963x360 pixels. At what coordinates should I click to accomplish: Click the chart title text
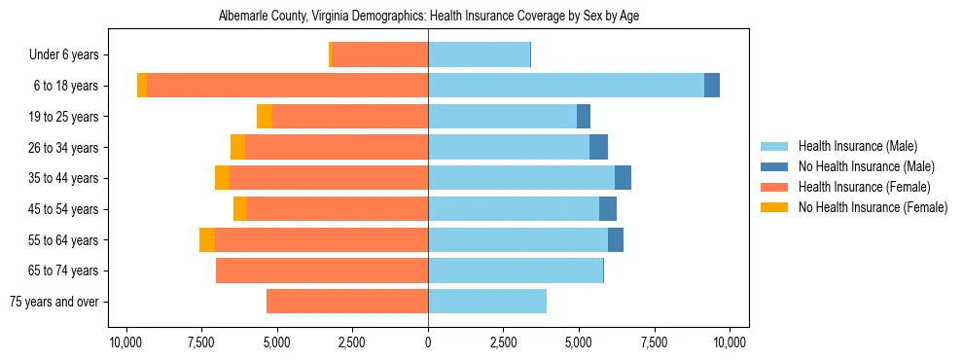click(x=429, y=17)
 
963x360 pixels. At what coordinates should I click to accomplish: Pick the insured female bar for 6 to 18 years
click(x=287, y=86)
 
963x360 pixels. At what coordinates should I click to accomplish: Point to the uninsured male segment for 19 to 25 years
click(x=584, y=117)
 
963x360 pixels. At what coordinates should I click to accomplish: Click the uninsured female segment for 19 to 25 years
click(x=265, y=117)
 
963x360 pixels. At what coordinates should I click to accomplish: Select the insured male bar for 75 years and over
click(x=487, y=302)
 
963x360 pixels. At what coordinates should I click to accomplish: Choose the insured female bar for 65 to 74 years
click(x=322, y=270)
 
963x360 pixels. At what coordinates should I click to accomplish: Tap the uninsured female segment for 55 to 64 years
click(x=207, y=240)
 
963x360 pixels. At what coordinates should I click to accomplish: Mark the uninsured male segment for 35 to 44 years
click(x=624, y=178)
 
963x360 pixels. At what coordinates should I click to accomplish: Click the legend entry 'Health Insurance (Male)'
click(x=857, y=146)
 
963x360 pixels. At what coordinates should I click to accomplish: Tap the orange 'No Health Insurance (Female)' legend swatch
click(x=775, y=207)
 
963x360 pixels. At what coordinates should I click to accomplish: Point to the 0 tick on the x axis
click(x=428, y=342)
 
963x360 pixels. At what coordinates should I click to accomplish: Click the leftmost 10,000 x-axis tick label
click(x=125, y=342)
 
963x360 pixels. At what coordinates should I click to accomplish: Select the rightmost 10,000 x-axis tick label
click(x=730, y=342)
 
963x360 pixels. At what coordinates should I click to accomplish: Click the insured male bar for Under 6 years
click(x=479, y=55)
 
